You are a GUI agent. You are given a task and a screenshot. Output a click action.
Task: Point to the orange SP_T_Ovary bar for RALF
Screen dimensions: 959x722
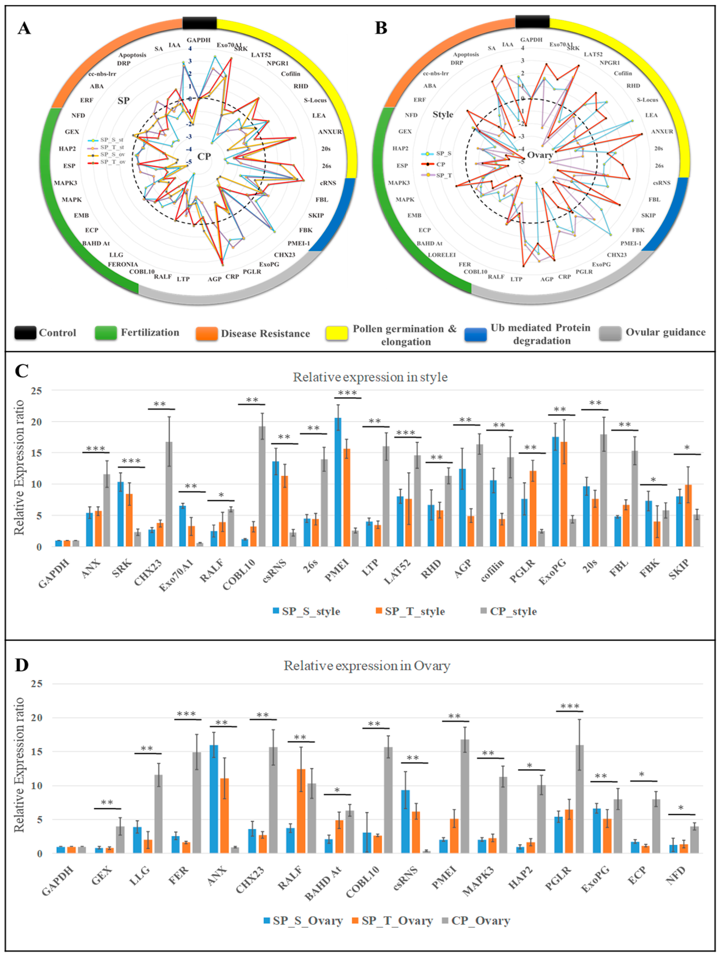(x=300, y=811)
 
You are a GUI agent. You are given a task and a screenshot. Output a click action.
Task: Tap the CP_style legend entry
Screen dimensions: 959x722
(x=508, y=611)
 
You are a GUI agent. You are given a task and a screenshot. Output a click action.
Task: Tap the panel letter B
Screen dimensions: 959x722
(x=381, y=28)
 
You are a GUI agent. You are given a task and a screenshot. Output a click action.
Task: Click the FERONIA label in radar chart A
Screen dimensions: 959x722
(x=123, y=264)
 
